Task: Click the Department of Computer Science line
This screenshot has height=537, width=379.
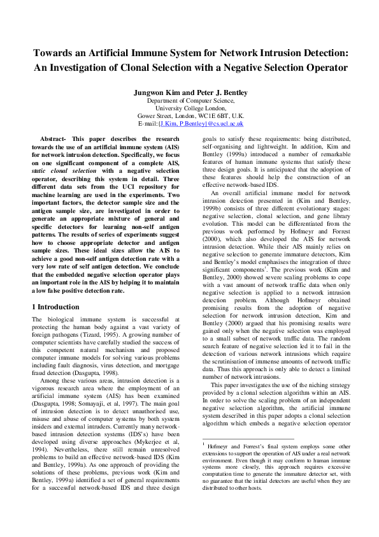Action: click(189, 101)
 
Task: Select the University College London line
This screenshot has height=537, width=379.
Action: click(189, 108)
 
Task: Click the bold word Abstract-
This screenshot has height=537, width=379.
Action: click(54, 138)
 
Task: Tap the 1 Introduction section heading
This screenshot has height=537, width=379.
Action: click(55, 307)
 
